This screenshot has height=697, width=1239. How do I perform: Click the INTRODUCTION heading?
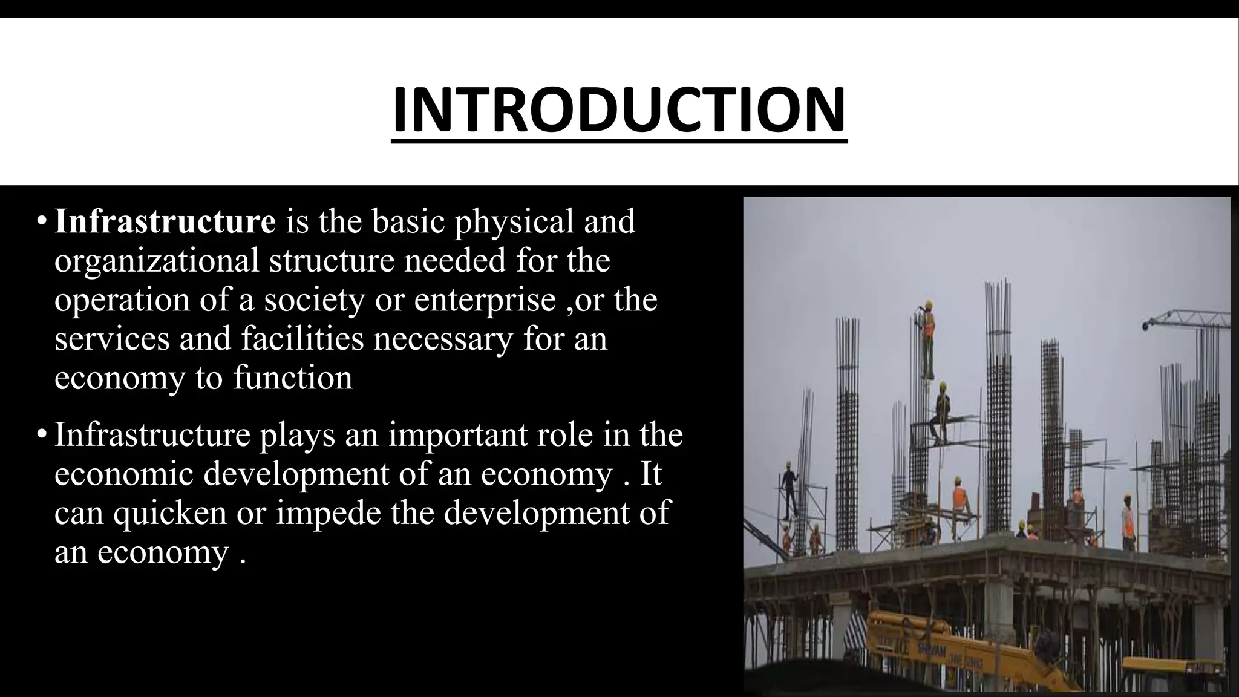pos(619,110)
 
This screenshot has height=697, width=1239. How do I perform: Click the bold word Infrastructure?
pos(165,221)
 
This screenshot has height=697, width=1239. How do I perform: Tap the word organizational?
pos(157,261)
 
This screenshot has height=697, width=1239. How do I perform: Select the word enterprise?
pos(485,300)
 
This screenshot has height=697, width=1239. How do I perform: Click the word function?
pos(293,378)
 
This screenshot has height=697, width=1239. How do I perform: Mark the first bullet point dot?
pos(41,221)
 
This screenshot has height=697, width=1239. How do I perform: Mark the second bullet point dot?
pos(41,435)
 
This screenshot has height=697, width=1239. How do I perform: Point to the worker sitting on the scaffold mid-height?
pos(942,411)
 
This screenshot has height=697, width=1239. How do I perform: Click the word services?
pos(112,338)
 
